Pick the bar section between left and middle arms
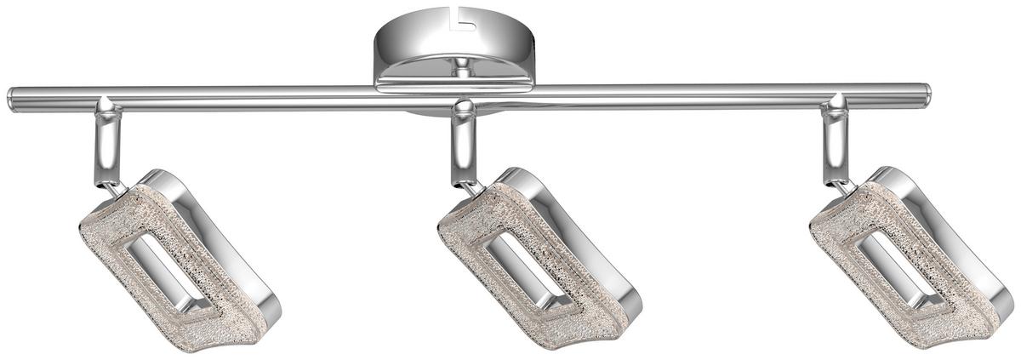click(x=281, y=98)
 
